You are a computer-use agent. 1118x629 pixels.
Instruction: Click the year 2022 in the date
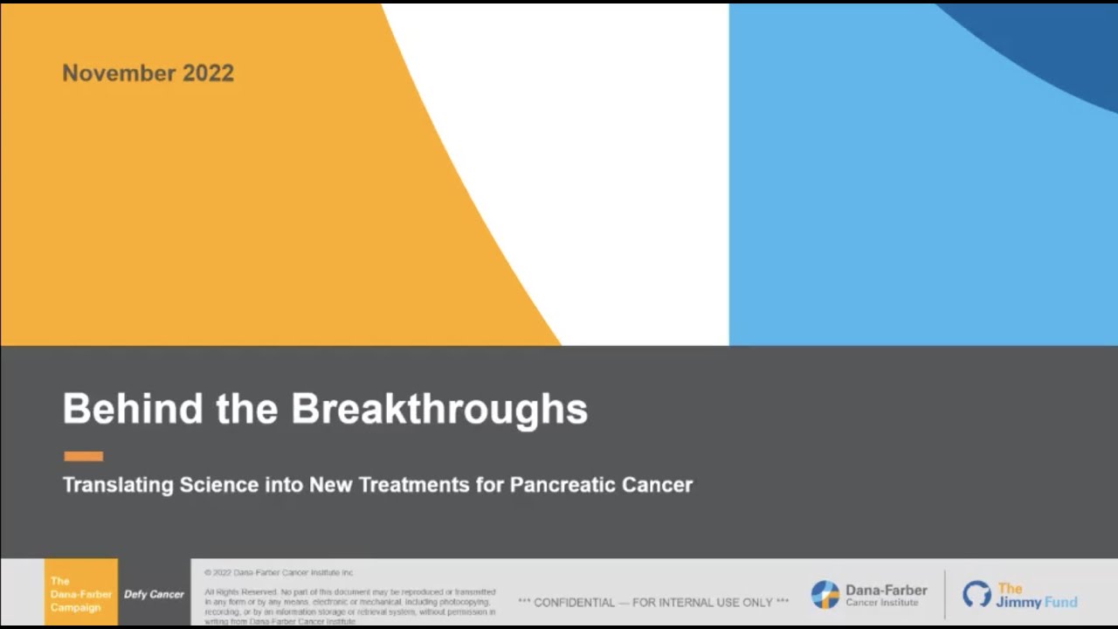coord(208,73)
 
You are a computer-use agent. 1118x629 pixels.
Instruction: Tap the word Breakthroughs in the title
coord(439,409)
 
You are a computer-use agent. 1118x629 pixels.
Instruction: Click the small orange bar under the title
coord(83,456)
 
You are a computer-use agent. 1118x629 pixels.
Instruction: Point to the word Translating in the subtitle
coord(117,485)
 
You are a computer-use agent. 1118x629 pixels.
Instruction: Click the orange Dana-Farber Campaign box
coord(80,593)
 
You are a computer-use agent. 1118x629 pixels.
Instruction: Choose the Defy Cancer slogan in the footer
coord(154,594)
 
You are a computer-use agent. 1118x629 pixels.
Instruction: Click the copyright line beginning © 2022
coord(279,573)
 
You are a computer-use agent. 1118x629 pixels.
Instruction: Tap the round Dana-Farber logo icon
coord(825,595)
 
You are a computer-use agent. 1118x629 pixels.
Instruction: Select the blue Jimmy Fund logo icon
coord(977,595)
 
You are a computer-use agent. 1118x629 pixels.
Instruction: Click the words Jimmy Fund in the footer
coord(1037,601)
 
